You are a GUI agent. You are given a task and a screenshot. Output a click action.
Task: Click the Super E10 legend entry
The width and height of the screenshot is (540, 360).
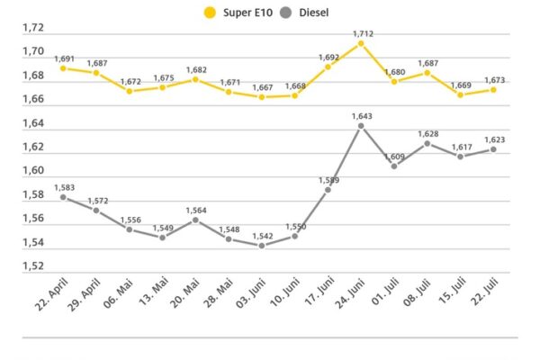pos(244,13)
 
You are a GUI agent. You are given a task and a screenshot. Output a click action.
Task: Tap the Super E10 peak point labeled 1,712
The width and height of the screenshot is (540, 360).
pos(361,43)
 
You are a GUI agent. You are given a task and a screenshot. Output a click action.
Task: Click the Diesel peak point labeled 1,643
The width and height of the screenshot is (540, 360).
pos(361,126)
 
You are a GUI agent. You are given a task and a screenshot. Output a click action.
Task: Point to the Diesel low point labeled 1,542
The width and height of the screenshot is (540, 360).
pos(262,246)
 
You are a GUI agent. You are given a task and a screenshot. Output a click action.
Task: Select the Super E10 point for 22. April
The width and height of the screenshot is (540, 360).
pos(63,68)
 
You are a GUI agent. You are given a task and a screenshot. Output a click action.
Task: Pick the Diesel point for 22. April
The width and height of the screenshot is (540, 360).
pos(63,197)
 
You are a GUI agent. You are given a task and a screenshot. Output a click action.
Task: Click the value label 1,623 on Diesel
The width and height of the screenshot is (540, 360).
pos(493,139)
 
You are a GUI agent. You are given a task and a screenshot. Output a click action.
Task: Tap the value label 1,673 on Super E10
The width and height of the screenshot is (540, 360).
pos(493,80)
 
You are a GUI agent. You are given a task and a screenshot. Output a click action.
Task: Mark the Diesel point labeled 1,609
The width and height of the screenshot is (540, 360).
pos(394,166)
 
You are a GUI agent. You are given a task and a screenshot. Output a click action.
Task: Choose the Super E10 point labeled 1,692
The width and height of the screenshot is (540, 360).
pos(328,67)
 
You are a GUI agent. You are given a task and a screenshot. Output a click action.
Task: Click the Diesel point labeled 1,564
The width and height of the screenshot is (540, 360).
pos(195,220)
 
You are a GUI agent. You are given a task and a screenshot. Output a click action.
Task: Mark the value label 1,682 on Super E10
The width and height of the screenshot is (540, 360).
pos(195,69)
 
